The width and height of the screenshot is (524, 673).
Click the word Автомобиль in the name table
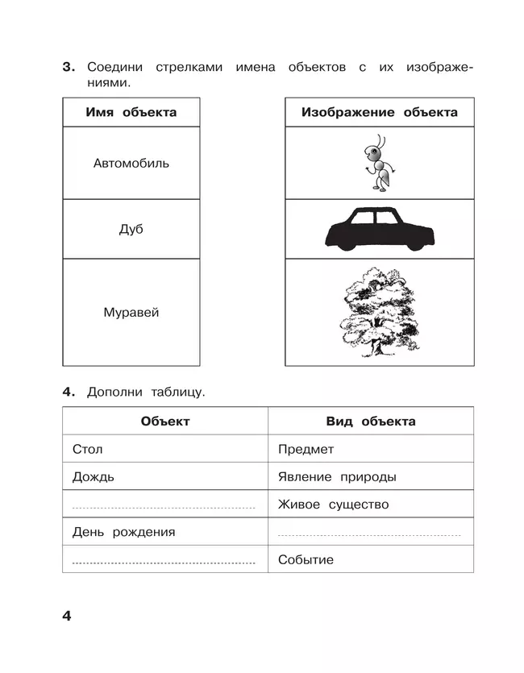pos(131,164)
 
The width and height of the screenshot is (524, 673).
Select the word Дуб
pos(131,230)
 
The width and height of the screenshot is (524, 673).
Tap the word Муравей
pos(131,313)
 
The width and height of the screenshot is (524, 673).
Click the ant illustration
pos(379,164)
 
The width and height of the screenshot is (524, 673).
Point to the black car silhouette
pos(380,229)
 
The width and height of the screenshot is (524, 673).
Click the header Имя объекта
pos(131,113)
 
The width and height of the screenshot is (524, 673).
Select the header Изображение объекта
pos(379,113)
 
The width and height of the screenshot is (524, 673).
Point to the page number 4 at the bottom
pos(67,616)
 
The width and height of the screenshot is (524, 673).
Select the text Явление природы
pos(336,477)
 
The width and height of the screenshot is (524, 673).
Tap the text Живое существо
pos(333,505)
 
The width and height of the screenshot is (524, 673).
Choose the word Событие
pos(305,560)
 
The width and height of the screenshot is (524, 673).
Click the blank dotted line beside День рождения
pos(369,534)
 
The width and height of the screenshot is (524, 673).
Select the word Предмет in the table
pos(306,450)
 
